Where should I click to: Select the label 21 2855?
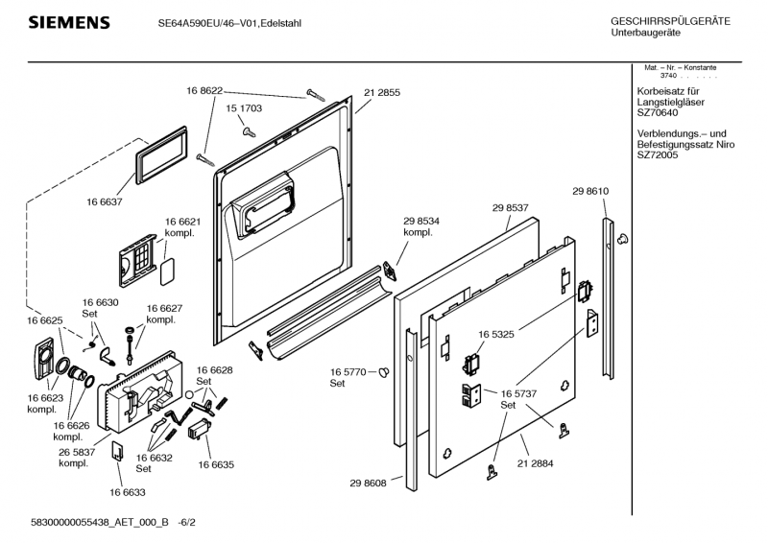pyautogui.click(x=382, y=92)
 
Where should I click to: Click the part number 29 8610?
pyautogui.click(x=590, y=192)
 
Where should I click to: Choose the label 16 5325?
pyautogui.click(x=497, y=334)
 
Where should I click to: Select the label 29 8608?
pyautogui.click(x=368, y=484)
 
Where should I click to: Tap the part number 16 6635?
pyautogui.click(x=217, y=464)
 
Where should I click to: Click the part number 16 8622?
pyautogui.click(x=204, y=90)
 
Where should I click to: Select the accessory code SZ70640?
pyautogui.click(x=659, y=111)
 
